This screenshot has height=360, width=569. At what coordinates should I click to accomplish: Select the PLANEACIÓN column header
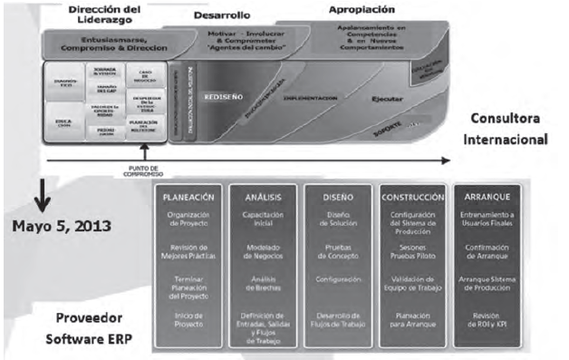[189, 196]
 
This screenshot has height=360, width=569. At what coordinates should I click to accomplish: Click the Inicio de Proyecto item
[189, 318]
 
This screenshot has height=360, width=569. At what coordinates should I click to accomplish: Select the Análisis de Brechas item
[260, 282]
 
